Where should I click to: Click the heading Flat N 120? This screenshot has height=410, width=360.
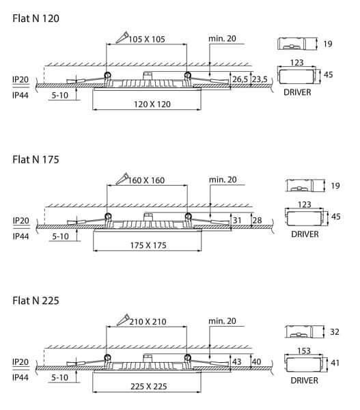[x=36, y=18]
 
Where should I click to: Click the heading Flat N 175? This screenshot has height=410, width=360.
[x=36, y=159]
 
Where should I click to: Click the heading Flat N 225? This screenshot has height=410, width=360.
[x=36, y=301]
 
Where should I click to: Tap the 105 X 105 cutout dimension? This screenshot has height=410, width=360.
[x=147, y=39]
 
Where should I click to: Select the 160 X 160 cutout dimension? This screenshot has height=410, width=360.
[x=146, y=180]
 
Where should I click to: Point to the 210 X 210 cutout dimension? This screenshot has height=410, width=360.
[x=148, y=322]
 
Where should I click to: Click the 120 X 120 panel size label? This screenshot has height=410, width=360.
[x=152, y=105]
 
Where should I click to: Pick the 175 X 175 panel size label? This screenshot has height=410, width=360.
[x=148, y=245]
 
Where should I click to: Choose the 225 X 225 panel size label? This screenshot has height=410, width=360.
[x=149, y=386]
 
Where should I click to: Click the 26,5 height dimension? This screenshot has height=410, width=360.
[x=240, y=79]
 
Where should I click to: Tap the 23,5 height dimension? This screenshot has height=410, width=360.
[x=260, y=79]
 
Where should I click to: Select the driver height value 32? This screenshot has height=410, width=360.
[x=335, y=332]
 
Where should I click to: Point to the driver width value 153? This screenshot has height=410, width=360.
[x=304, y=351]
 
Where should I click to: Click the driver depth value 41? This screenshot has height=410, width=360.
[x=335, y=363]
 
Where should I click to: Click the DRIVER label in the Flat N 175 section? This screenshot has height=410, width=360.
[x=305, y=234]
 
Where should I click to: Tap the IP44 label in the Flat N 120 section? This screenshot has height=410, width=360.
[x=20, y=95]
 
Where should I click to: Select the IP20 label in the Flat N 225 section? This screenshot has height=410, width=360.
[x=20, y=362]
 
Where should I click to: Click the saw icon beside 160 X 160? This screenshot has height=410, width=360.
[x=122, y=178]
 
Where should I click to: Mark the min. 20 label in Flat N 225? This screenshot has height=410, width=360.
[x=222, y=321]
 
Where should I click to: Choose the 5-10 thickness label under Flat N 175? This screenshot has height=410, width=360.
[x=60, y=236]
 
